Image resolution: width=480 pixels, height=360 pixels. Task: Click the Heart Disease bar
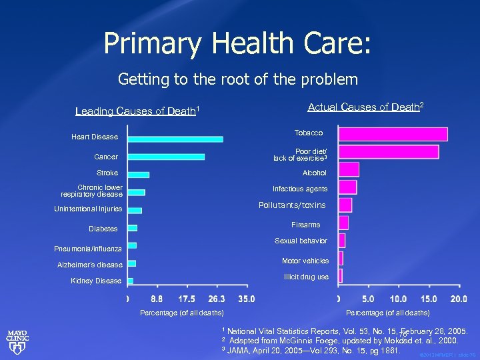[x=175, y=139]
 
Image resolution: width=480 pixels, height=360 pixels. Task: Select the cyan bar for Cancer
[x=166, y=157]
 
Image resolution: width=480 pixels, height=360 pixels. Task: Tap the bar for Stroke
[x=138, y=175]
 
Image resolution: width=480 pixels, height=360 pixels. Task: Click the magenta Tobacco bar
[x=393, y=134]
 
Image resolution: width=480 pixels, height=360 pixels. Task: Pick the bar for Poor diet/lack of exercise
[x=388, y=152]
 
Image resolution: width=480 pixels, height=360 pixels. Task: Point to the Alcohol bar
[x=349, y=169]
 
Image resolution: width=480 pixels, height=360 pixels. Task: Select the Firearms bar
[x=343, y=223]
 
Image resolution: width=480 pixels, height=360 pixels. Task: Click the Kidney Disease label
[x=96, y=281]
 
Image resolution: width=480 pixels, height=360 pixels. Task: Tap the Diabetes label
[x=103, y=229]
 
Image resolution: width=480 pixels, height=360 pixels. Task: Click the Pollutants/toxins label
[x=292, y=205]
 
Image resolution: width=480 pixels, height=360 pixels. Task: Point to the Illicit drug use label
[x=306, y=277]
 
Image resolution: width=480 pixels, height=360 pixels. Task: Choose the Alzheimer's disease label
[x=90, y=265]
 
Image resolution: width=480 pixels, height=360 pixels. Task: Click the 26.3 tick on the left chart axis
[x=217, y=299]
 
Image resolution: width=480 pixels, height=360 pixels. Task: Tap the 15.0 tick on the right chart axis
[x=429, y=299]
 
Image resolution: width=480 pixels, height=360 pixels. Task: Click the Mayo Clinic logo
[x=17, y=341]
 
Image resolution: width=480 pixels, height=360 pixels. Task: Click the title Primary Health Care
[x=237, y=44]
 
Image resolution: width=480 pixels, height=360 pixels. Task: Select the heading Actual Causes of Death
[x=365, y=107]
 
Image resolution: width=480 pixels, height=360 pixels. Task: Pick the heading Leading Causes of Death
[x=138, y=111]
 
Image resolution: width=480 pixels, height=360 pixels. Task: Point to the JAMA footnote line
[x=311, y=350]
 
